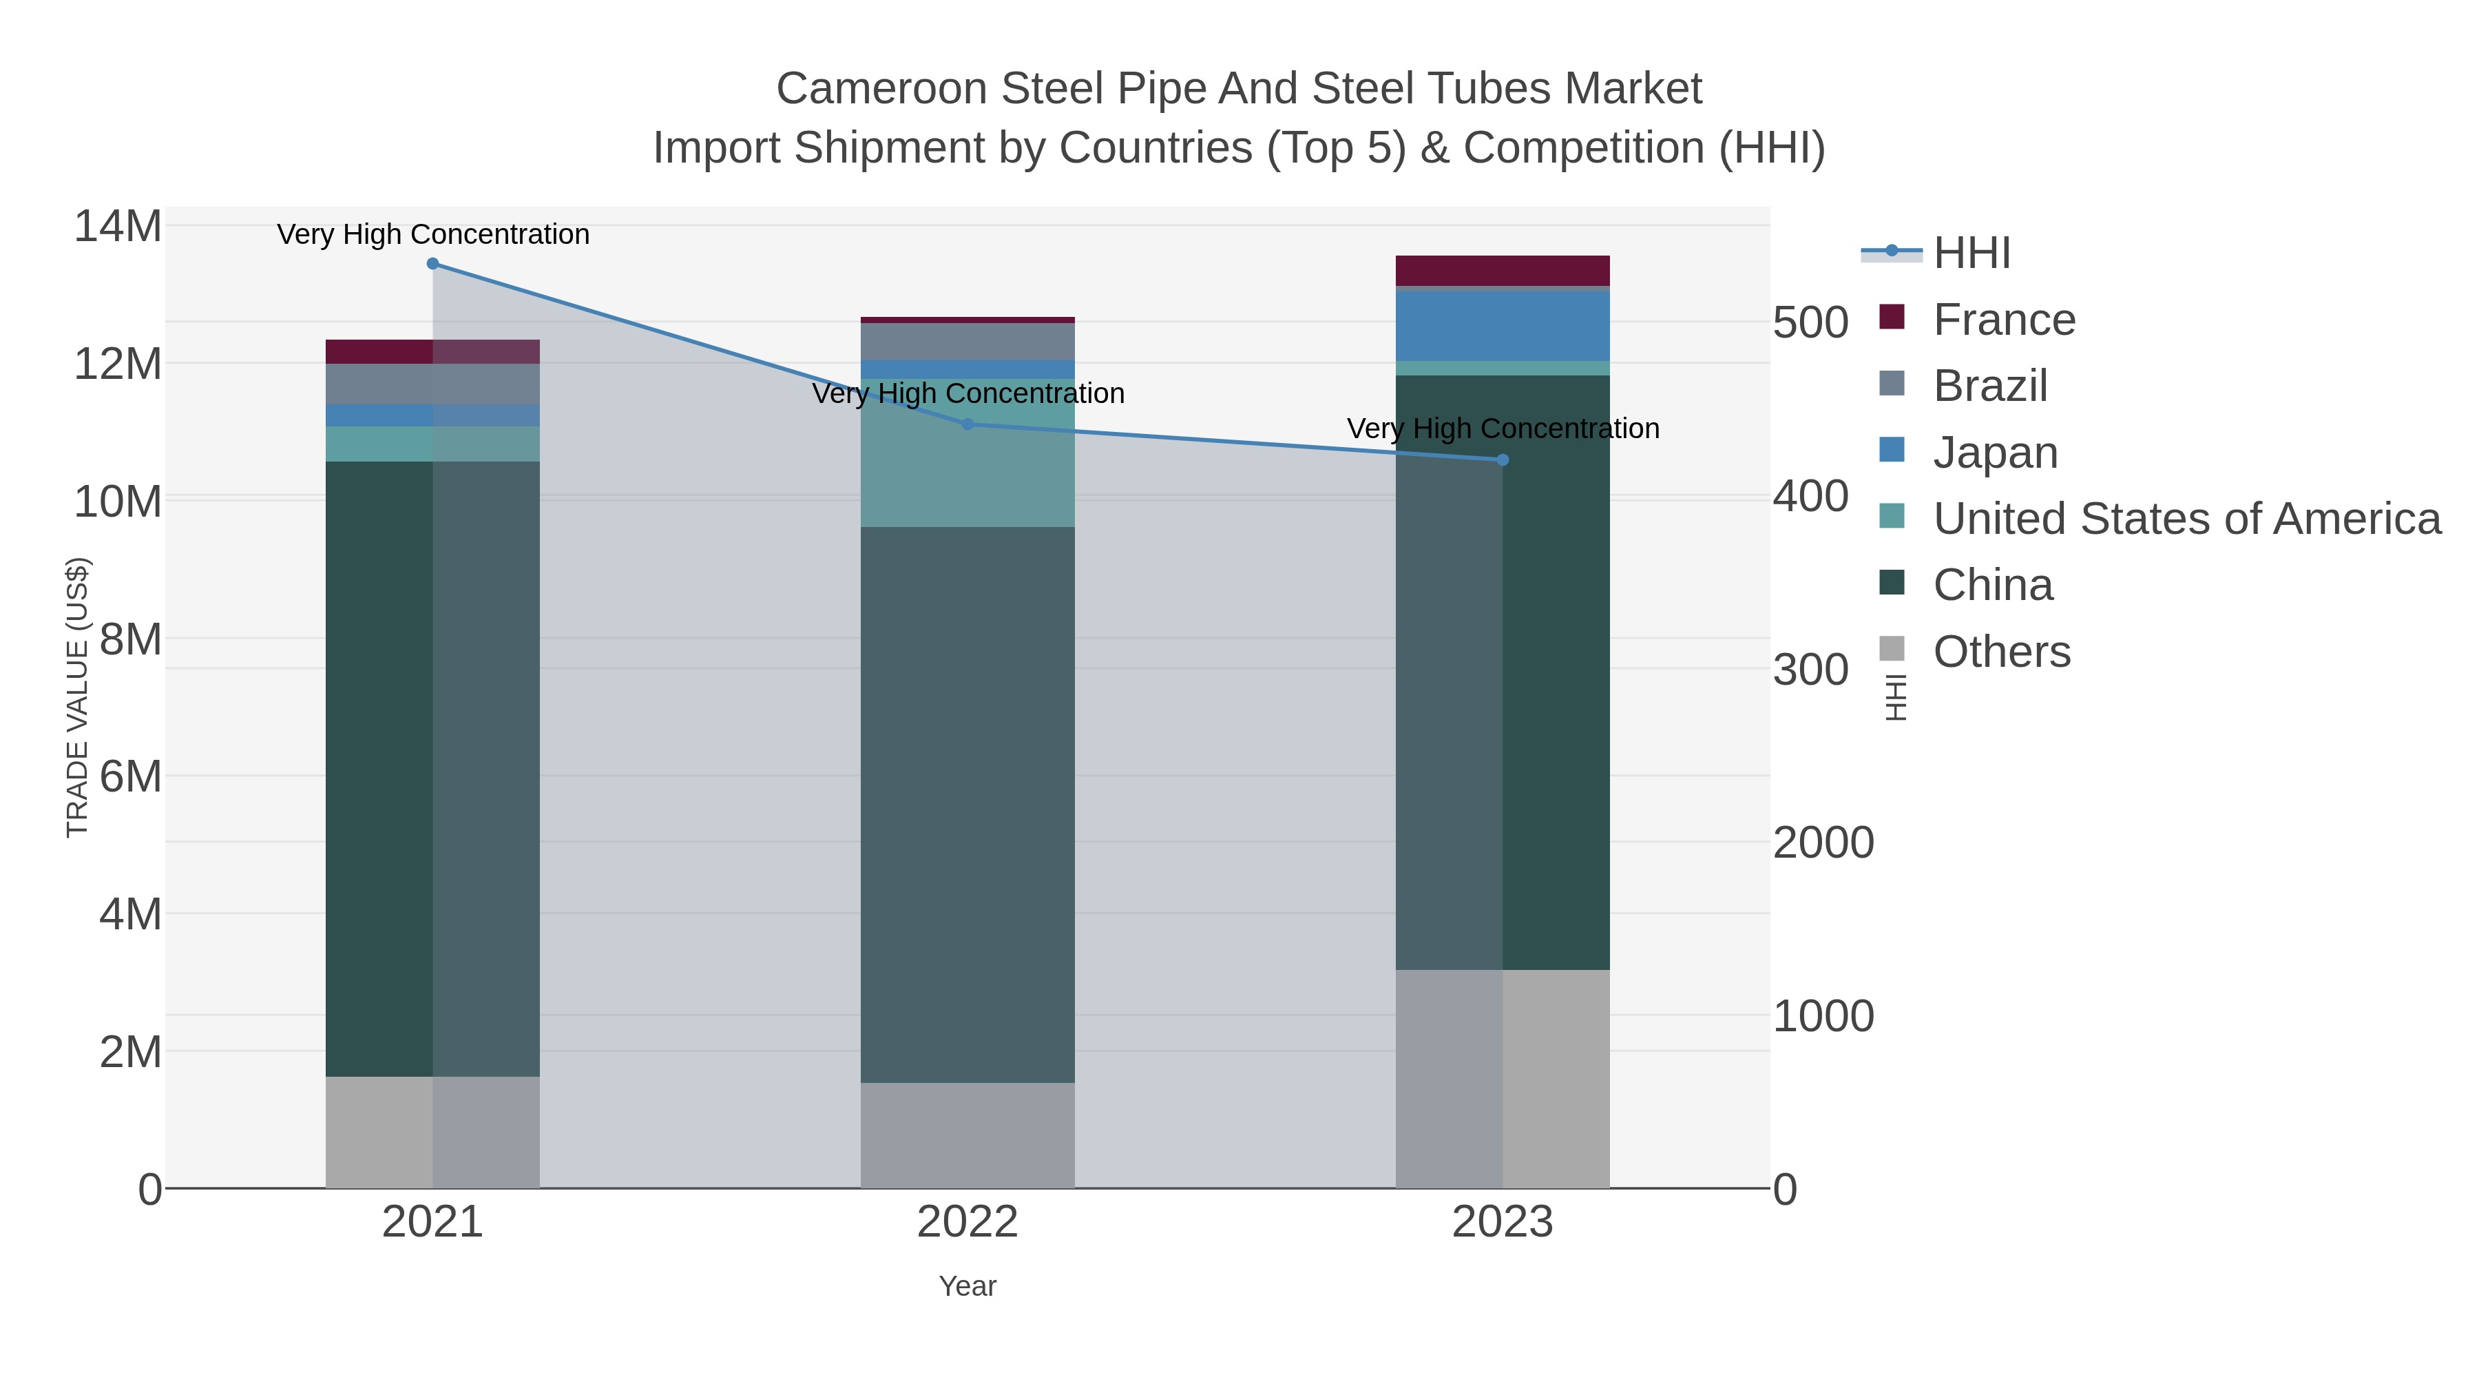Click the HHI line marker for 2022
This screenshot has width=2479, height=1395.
point(967,424)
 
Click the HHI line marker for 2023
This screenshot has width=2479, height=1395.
point(1503,460)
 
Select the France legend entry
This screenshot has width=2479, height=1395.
point(2004,320)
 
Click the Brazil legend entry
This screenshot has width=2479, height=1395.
point(1990,386)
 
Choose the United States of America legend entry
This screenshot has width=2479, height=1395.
point(2186,519)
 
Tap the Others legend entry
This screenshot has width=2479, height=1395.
point(2002,652)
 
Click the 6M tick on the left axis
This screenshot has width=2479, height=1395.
point(130,776)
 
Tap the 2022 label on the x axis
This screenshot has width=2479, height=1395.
point(967,1223)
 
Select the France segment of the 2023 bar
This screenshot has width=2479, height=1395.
point(1503,271)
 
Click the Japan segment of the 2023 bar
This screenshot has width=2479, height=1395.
point(1503,325)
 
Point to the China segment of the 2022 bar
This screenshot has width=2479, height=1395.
point(967,804)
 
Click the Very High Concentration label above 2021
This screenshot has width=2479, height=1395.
point(433,235)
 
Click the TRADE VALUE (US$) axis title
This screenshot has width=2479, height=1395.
point(77,697)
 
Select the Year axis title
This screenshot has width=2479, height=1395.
point(967,1286)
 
